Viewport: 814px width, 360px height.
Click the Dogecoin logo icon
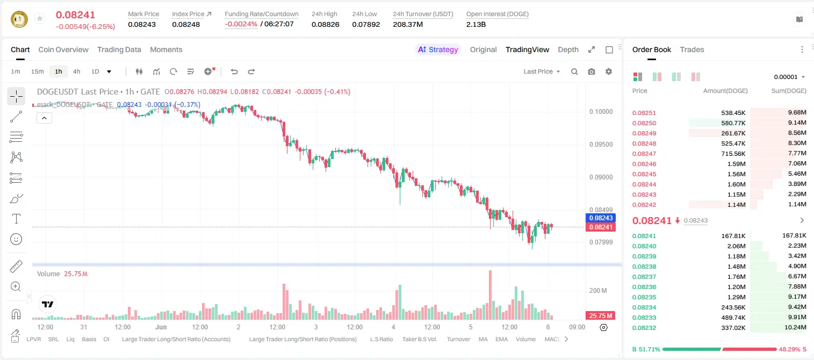click(x=19, y=19)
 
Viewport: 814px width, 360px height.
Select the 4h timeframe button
click(x=76, y=71)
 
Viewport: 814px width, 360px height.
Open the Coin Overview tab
click(x=63, y=49)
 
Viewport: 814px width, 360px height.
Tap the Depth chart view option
click(x=568, y=49)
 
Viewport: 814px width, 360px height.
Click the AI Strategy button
click(x=438, y=49)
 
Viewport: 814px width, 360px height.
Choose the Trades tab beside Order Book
click(x=692, y=49)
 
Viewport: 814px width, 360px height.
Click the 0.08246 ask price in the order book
click(x=644, y=164)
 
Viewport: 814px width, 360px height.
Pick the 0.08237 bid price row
click(x=644, y=277)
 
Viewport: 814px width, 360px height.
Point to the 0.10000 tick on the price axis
click(x=601, y=112)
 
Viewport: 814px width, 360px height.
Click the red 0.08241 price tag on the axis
click(x=601, y=227)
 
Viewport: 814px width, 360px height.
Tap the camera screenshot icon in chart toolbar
click(x=592, y=71)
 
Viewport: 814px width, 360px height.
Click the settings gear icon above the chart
click(x=609, y=71)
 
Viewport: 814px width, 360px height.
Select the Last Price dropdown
click(x=542, y=71)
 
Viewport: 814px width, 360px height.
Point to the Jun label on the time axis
click(x=161, y=327)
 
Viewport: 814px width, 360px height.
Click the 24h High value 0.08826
click(x=325, y=24)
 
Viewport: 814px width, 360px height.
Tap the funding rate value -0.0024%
click(x=241, y=24)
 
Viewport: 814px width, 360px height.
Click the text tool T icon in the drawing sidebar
click(x=16, y=219)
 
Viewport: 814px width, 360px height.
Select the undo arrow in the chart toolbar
click(x=234, y=71)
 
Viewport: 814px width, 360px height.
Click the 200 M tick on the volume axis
click(x=598, y=291)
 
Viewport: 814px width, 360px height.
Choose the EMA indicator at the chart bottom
click(x=501, y=339)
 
